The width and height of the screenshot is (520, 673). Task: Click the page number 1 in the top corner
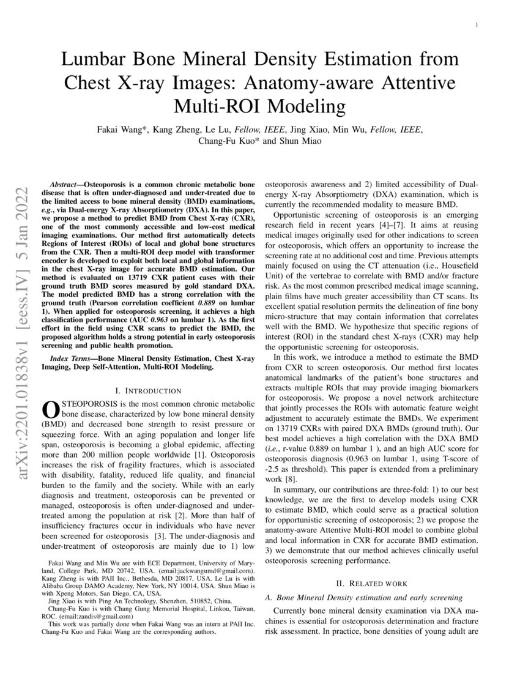476,24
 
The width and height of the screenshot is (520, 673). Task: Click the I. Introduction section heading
148,390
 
